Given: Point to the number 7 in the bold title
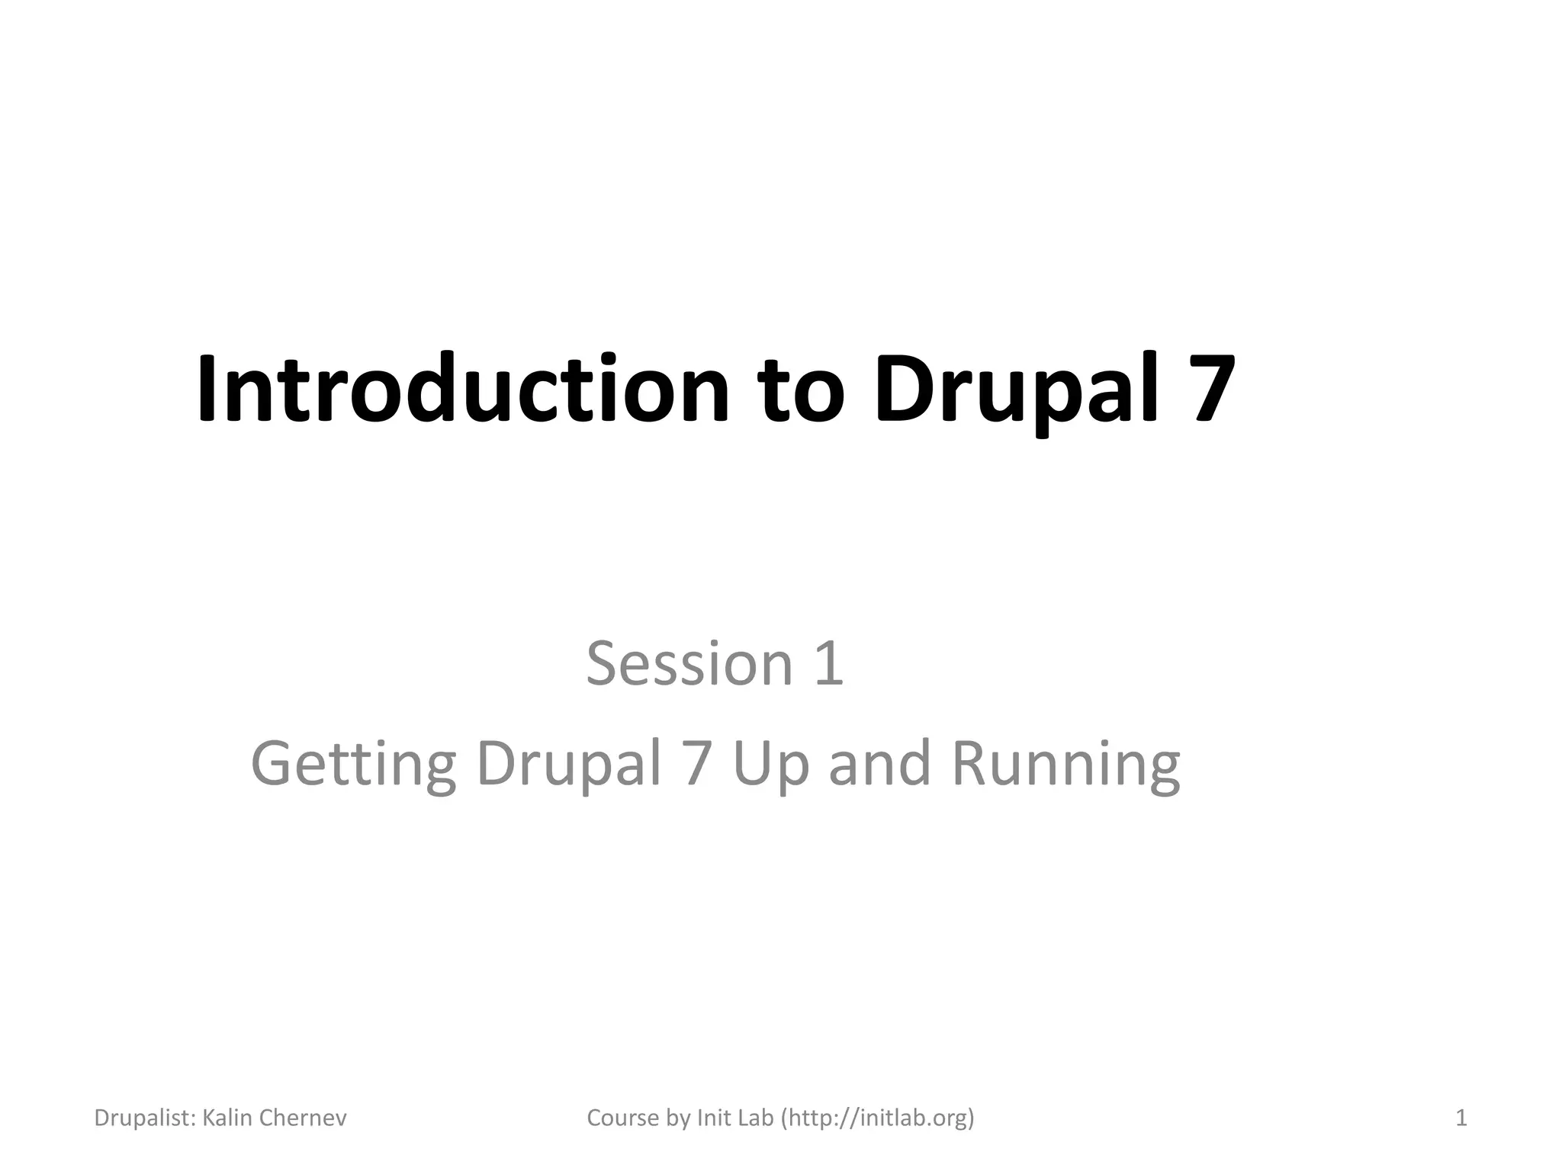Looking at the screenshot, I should click(1204, 388).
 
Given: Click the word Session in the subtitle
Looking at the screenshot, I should click(689, 663).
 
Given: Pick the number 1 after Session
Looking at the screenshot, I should click(829, 663).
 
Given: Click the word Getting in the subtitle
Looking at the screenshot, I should click(353, 765).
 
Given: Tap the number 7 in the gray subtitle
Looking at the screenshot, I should click(697, 764).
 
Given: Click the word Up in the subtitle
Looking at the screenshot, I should click(770, 765).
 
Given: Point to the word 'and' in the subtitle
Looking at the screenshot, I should click(879, 764).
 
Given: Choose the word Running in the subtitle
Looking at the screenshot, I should click(1066, 765).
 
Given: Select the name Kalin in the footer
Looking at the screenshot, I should click(228, 1118).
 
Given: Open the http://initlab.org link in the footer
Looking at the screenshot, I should click(877, 1118).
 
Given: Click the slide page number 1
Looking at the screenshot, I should click(1461, 1118).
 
